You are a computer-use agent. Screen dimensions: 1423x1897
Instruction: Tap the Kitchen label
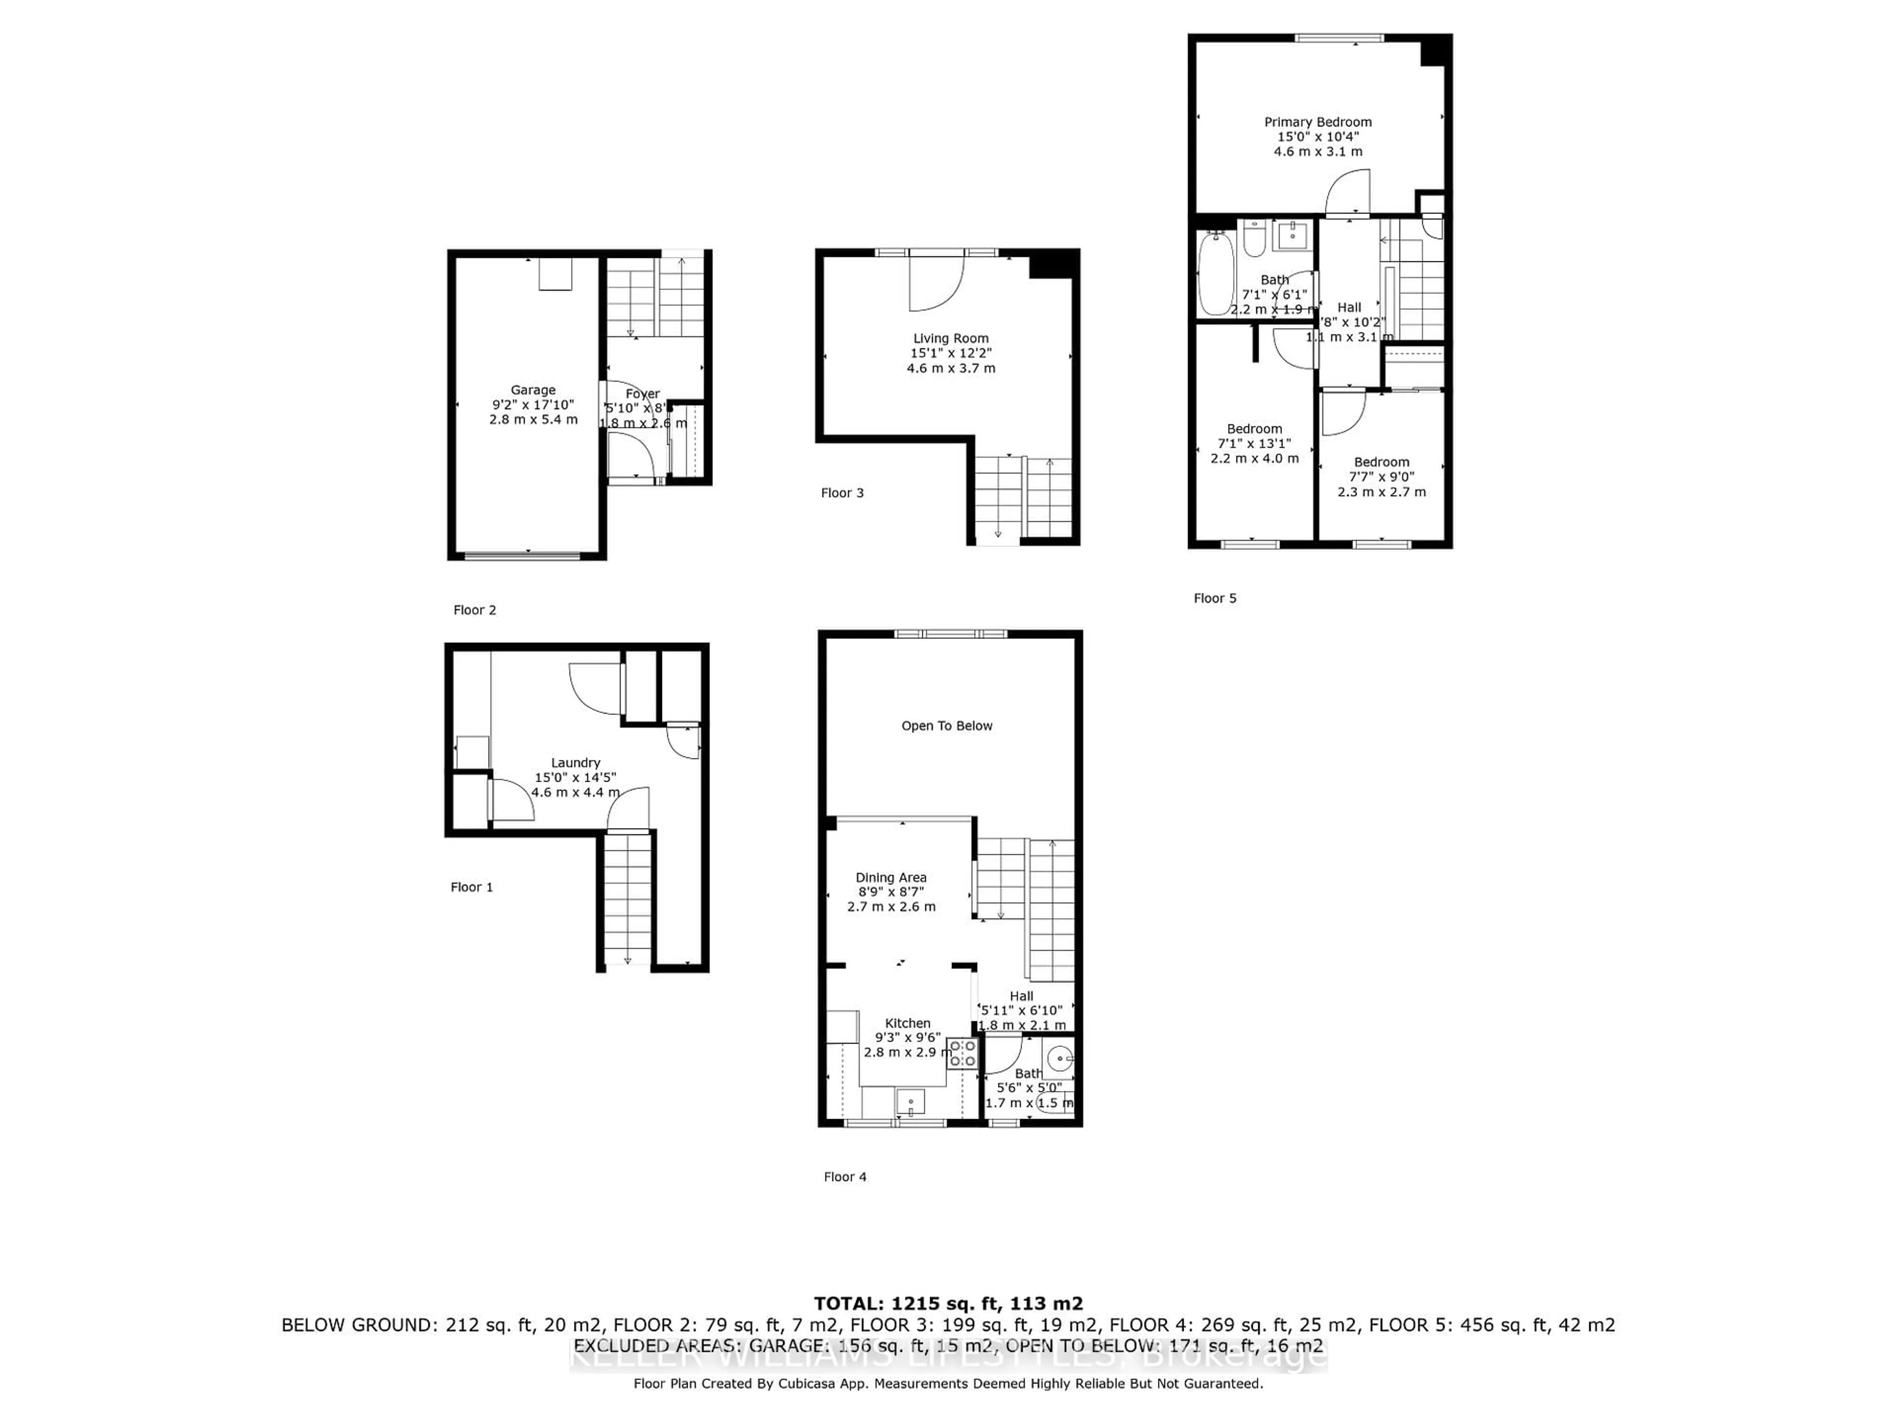(907, 1023)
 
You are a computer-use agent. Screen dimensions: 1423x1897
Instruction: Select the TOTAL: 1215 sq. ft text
(948, 1304)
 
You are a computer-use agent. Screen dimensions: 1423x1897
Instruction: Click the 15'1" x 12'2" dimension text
(950, 353)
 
